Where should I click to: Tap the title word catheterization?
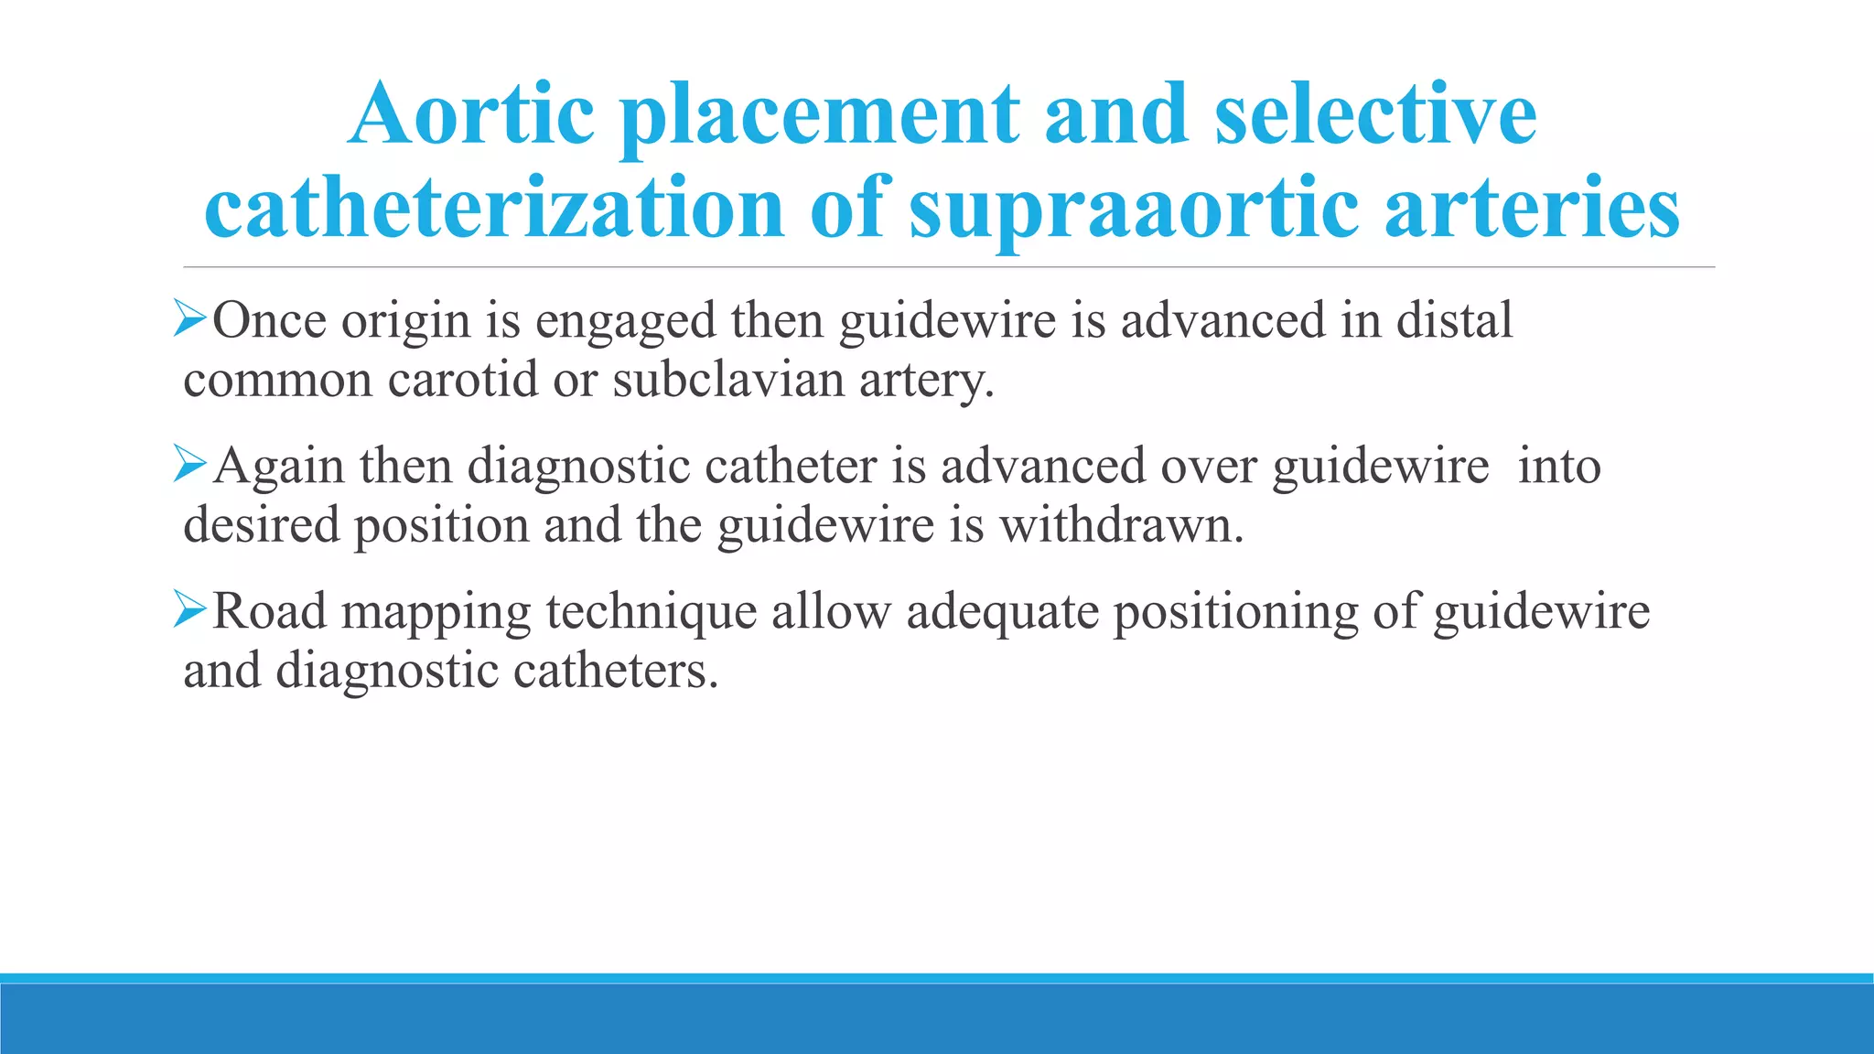pos(494,208)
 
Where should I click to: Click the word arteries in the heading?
pos(1533,208)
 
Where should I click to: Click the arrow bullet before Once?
pos(190,320)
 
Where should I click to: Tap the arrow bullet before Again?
pos(190,466)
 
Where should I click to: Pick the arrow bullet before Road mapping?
pos(190,610)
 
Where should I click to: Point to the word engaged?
pos(625,322)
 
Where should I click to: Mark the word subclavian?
pos(728,380)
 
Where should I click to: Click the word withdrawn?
pos(1121,525)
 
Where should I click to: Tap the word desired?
pos(261,525)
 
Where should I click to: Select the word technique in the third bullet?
pos(652,612)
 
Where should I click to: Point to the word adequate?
pos(1002,612)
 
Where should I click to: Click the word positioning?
pos(1235,612)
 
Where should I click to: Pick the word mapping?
pos(436,612)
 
